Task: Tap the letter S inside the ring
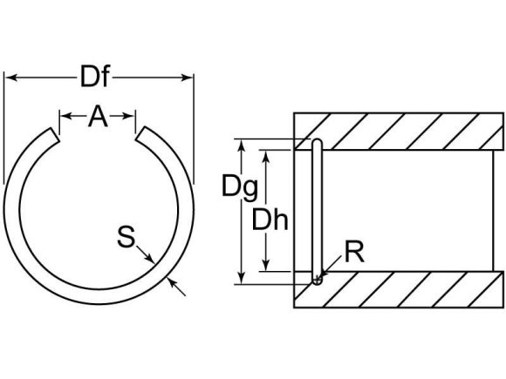(127, 236)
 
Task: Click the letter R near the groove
(353, 255)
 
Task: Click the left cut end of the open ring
(51, 136)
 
